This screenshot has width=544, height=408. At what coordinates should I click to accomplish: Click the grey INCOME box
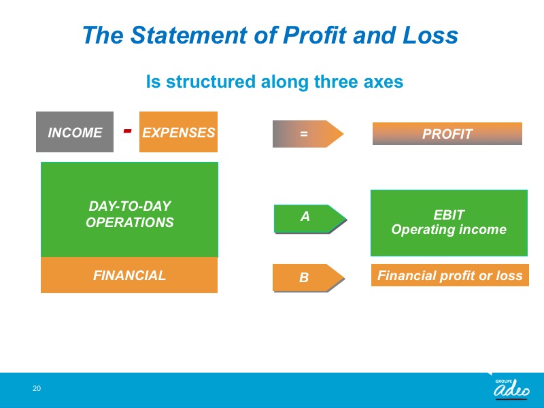[x=75, y=132]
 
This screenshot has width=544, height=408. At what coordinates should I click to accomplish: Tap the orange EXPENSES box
[x=178, y=132]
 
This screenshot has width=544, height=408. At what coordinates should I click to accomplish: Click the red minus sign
[x=128, y=131]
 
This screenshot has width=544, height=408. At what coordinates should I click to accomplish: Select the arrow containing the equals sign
[x=308, y=134]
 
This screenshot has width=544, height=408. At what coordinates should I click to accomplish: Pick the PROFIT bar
[x=447, y=133]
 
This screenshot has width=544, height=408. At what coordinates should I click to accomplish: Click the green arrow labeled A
[x=310, y=219]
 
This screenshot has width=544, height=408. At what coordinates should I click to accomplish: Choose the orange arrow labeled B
[x=309, y=277]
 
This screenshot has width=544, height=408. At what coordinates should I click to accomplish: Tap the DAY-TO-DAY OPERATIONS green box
[x=129, y=209]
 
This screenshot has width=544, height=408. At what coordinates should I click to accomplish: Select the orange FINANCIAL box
[x=129, y=275]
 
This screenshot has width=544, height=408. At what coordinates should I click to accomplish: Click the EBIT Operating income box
[x=449, y=223]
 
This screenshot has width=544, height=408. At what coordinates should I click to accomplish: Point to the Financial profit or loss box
[x=450, y=275]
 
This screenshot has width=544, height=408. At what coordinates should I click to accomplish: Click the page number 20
[x=37, y=388]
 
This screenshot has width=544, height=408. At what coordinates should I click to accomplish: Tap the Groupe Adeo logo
[x=511, y=388]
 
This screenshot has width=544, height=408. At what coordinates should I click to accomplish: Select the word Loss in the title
[x=430, y=35]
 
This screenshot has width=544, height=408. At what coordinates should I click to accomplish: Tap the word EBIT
[x=449, y=215]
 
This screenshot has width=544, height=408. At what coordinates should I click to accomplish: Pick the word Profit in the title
[x=315, y=35]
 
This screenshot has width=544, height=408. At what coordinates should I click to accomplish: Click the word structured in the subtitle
[x=211, y=82]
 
